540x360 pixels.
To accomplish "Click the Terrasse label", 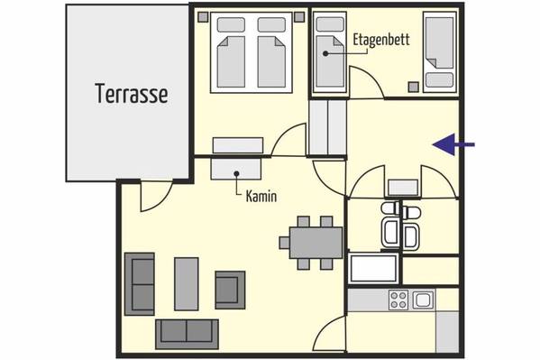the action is (132, 94).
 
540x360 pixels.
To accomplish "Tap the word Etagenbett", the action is (381, 40).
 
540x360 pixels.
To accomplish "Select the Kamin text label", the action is (261, 197).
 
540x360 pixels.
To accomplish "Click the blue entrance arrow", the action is (453, 144).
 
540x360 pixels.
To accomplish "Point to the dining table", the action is (316, 243).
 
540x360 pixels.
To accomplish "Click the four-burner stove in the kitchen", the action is (398, 300).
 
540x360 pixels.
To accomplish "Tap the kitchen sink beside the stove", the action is (423, 300).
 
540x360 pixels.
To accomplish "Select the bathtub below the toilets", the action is (373, 269).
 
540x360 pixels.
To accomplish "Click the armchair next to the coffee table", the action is (230, 290).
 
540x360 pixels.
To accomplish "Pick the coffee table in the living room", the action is (187, 284).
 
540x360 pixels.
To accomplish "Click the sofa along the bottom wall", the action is (187, 334).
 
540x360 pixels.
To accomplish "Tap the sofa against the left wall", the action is (139, 284).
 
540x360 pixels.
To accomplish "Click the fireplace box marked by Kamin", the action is (236, 169).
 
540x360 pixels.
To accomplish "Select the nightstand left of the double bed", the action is (203, 17).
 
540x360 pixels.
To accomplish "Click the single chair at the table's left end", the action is (284, 243).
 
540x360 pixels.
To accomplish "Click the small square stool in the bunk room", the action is (414, 87).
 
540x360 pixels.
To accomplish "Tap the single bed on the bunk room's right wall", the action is (440, 52).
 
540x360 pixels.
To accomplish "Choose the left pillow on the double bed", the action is (231, 25).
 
